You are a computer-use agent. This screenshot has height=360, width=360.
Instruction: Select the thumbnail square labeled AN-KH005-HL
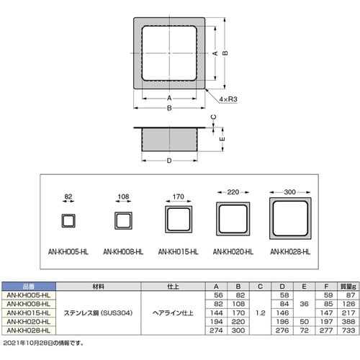click(x=68, y=220)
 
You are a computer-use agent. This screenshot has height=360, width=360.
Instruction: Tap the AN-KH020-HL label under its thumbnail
click(x=233, y=252)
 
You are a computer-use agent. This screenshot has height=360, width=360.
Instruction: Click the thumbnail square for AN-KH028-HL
click(x=290, y=220)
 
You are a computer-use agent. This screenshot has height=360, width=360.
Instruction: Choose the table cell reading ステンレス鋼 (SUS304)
click(x=98, y=313)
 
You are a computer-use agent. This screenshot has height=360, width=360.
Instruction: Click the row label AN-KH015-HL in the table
click(x=27, y=313)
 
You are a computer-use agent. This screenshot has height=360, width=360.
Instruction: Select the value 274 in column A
click(x=215, y=330)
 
